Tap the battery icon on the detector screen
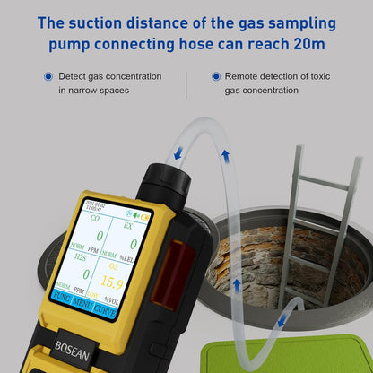tap(146, 215)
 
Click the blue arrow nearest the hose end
tap(284, 318)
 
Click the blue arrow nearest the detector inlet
tap(178, 153)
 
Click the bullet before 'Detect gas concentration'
tap(48, 78)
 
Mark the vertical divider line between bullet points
tap(186, 84)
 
